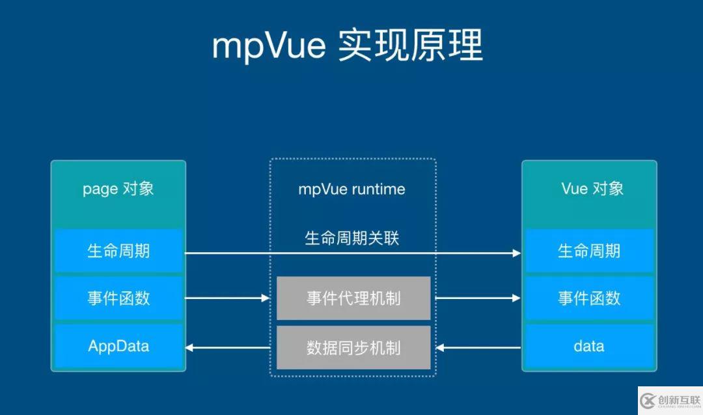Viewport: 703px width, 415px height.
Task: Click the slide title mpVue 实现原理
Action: (x=348, y=46)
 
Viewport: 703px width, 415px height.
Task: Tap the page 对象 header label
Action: (x=118, y=189)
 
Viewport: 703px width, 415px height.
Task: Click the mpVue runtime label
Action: (x=351, y=190)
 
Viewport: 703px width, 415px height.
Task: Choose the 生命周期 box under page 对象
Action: (x=118, y=251)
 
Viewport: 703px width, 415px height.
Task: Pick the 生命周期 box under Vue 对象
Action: (x=589, y=251)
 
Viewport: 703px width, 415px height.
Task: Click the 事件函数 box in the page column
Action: (x=118, y=298)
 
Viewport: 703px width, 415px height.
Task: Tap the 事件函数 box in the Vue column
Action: (x=589, y=298)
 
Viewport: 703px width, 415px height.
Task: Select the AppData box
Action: (x=118, y=346)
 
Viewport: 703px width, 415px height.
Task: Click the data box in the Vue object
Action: (x=589, y=346)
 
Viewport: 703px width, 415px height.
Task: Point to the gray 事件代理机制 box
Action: (x=353, y=298)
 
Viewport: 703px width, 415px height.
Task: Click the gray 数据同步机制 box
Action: (x=353, y=347)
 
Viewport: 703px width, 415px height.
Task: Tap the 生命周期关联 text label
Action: (x=351, y=238)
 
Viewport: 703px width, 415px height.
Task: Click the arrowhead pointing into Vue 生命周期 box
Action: (x=517, y=253)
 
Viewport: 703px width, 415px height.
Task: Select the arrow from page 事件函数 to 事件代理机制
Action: (x=228, y=298)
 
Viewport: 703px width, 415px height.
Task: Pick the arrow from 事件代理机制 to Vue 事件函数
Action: (x=477, y=298)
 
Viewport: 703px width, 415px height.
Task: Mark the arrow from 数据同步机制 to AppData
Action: (x=228, y=347)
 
